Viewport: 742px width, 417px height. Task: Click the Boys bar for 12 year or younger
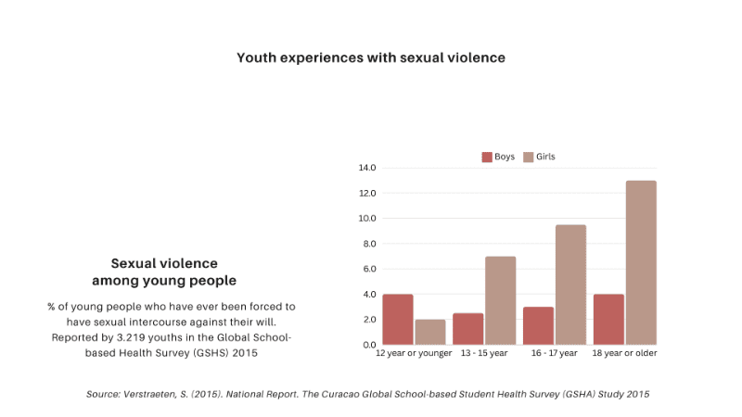pyautogui.click(x=398, y=319)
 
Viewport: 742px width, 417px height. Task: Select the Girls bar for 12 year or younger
pyautogui.click(x=431, y=332)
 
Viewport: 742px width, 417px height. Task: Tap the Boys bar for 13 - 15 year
pyautogui.click(x=468, y=328)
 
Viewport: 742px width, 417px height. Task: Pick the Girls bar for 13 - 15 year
pyautogui.click(x=501, y=300)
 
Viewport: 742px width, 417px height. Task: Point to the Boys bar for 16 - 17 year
pyautogui.click(x=538, y=325)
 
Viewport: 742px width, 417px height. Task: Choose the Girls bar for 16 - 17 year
pyautogui.click(x=571, y=284)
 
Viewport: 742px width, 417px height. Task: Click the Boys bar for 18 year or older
pyautogui.click(x=608, y=319)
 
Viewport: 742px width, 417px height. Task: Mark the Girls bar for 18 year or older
pyautogui.click(x=641, y=262)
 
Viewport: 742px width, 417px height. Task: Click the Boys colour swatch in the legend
pyautogui.click(x=487, y=157)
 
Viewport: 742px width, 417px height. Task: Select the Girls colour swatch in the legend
pyautogui.click(x=529, y=157)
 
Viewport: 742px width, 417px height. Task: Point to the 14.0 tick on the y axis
pyautogui.click(x=366, y=168)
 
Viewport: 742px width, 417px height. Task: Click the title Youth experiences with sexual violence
pyautogui.click(x=371, y=57)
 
